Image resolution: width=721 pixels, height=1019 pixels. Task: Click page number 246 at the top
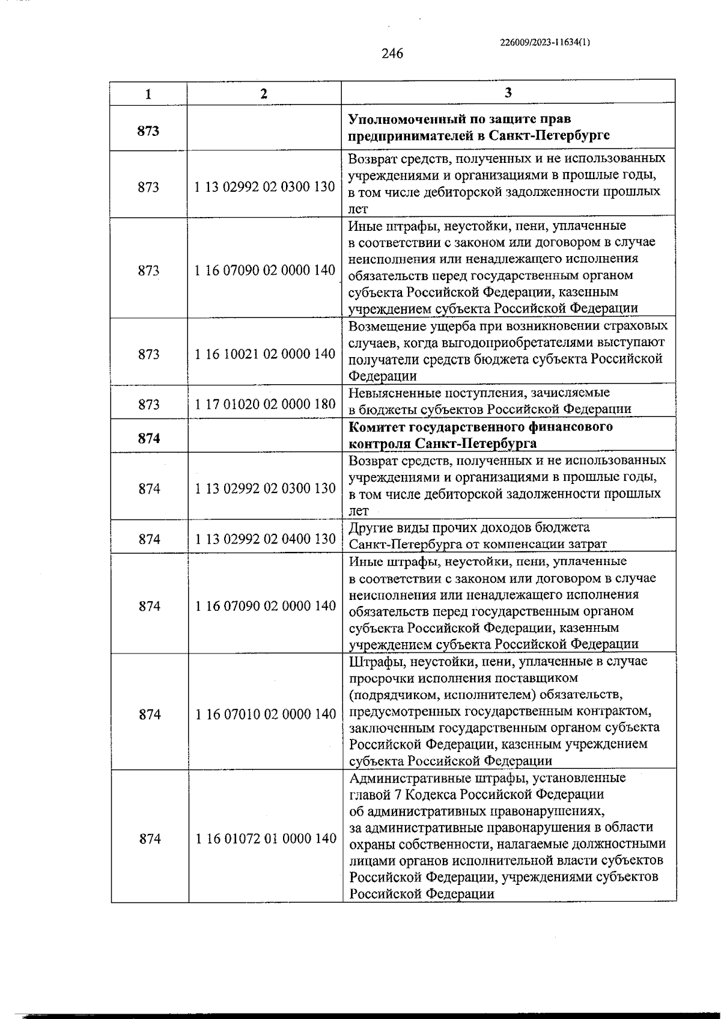[x=392, y=54]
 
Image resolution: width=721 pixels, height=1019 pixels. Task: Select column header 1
[x=148, y=94]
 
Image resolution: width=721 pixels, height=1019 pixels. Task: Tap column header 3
[x=508, y=93]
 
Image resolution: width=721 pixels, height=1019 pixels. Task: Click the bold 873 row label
[x=148, y=130]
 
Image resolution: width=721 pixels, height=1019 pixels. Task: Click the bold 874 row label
[x=149, y=438]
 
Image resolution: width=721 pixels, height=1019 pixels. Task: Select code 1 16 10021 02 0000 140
[x=265, y=354]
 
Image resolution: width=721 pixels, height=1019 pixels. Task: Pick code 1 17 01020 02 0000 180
[x=265, y=404]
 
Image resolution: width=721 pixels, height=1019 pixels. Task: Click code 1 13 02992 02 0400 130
[x=265, y=539]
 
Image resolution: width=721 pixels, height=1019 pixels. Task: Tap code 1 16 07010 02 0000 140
[x=266, y=714]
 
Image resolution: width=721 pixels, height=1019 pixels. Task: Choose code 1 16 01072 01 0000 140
[x=266, y=839]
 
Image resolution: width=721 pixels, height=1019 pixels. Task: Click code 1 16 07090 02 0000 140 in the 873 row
[x=265, y=271]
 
